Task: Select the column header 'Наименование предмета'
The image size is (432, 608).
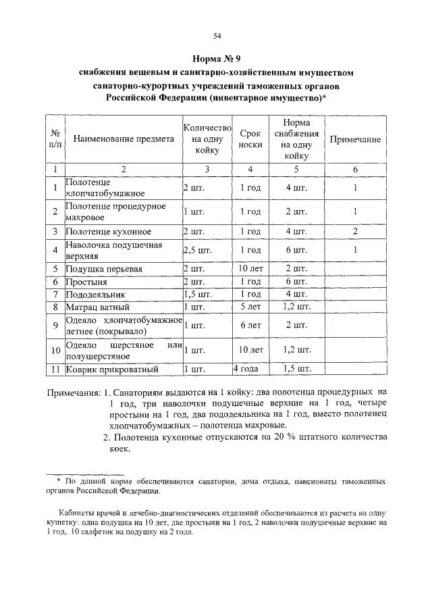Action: pos(124,138)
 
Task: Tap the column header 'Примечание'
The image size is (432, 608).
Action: pos(354,138)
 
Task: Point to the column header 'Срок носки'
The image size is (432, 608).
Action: pos(250,139)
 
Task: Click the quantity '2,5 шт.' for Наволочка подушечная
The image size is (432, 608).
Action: pos(196,251)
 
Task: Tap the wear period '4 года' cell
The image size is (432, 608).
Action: pos(247,370)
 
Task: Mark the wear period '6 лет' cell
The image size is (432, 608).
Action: pos(251,326)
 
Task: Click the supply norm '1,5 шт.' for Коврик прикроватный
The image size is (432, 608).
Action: pos(297,370)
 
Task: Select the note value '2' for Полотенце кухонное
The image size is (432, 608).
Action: pos(354,232)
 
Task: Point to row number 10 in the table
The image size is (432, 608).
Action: pos(56,351)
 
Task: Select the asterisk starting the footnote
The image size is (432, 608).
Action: pos(59,481)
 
